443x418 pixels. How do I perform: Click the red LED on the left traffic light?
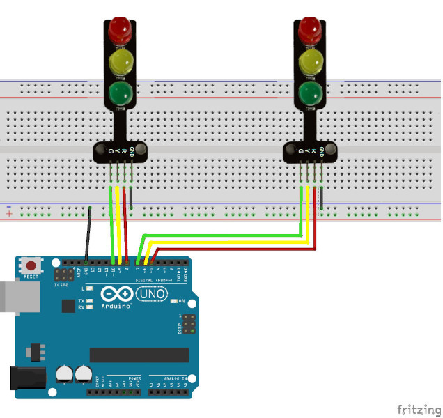pos(120,29)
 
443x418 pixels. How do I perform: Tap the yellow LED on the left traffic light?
pos(120,61)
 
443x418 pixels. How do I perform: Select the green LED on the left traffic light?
pos(120,92)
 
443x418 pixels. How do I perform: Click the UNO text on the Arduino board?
pos(152,294)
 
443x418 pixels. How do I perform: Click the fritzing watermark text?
pos(417,408)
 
